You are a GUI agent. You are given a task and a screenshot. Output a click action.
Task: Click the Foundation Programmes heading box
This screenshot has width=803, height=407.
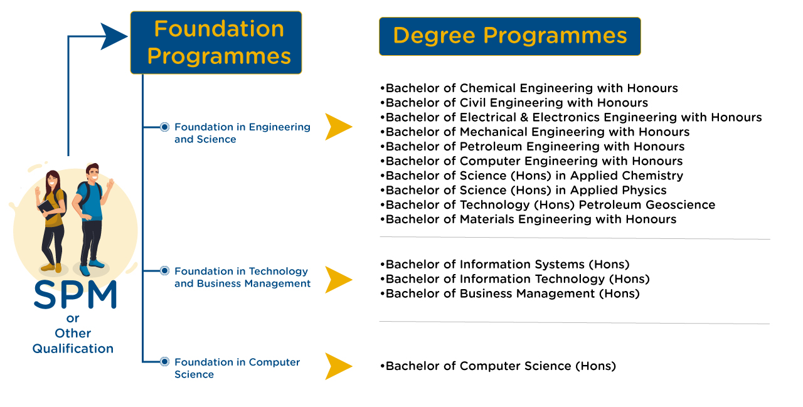pos(216,43)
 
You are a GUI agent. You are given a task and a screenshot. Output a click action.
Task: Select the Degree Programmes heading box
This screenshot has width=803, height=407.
pos(510,36)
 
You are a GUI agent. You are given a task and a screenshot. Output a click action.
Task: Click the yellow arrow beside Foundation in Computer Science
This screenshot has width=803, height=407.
pos(338,366)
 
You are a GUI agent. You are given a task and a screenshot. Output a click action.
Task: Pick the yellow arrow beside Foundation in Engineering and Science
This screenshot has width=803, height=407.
pos(338,127)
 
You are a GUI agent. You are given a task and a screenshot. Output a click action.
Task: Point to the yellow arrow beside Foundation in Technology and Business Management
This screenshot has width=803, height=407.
pos(338,280)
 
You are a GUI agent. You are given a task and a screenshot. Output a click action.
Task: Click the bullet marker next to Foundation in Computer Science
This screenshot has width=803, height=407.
pos(164,362)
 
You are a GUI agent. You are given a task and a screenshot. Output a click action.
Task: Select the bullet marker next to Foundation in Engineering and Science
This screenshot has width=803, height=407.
pos(164,127)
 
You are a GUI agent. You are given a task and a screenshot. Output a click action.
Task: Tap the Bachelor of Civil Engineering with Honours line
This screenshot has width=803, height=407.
pos(514,103)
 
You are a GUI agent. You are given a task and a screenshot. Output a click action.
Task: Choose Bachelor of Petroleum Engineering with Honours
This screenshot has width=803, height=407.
pos(533,147)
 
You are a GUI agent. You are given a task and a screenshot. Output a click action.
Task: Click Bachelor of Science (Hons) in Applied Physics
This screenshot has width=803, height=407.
pos(523,190)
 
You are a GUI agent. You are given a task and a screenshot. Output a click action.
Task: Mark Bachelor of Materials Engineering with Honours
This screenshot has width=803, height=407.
pos(528,219)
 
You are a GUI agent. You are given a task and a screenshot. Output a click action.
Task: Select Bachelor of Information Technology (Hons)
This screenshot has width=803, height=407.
pos(515,279)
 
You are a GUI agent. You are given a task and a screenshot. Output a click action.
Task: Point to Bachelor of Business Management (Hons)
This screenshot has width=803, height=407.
pos(510,293)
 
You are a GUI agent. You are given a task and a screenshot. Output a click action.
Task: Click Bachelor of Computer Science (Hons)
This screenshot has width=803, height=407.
pos(498,366)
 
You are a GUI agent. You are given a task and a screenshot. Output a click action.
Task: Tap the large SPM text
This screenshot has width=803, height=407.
pos(75,295)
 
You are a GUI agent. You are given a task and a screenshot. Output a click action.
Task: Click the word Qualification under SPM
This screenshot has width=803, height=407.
pos(73,349)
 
